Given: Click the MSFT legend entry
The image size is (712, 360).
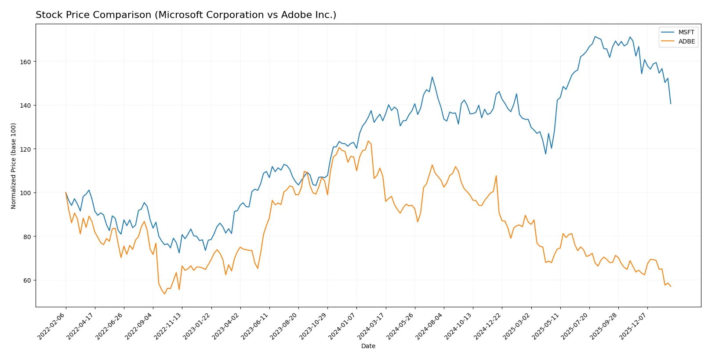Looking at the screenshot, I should pos(686,32).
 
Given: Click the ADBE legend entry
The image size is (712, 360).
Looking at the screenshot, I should pos(686,41).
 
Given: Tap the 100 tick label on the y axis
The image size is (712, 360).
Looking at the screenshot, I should pos(25,193).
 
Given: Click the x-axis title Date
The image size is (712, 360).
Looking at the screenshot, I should pos(368,346).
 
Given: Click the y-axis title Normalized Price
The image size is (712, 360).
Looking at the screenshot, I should pos(14,166).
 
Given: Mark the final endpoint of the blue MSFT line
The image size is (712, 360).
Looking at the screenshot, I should pos(671,104).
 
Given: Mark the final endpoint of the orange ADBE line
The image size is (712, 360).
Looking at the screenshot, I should pos(671,287).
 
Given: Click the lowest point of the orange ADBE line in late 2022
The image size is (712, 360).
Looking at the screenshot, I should pos(165,294).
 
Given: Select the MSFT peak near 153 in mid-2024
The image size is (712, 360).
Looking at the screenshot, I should pos(432,77).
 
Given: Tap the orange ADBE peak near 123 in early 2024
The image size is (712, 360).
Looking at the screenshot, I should pos(368,141).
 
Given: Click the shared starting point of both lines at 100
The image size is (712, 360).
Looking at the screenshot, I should pos(66,193).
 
